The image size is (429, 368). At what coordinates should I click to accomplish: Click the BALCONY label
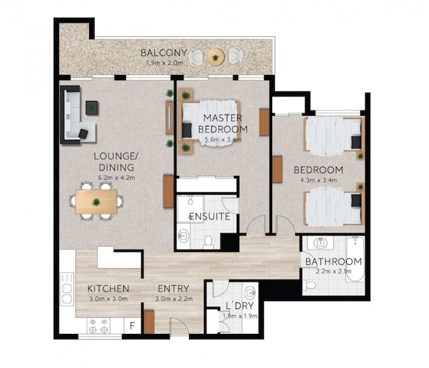point(164,53)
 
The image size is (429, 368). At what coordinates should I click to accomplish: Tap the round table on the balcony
point(216,58)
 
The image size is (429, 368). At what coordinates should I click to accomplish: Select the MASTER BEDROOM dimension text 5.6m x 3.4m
point(223,140)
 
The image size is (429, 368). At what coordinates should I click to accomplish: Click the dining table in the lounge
point(97,202)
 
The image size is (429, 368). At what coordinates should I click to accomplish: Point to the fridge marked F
point(133,326)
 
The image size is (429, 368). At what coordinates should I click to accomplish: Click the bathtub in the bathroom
point(355,259)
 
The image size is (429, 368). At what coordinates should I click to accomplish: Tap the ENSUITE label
point(210,217)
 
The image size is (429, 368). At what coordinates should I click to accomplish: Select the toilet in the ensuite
point(208,242)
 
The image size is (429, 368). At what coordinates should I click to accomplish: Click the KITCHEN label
point(108,288)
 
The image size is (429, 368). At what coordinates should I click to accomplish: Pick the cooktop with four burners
point(99,326)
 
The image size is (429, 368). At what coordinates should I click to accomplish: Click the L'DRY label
point(240,306)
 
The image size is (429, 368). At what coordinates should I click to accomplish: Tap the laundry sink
point(250,292)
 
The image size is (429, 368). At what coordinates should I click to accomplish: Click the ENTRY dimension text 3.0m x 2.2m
point(174,299)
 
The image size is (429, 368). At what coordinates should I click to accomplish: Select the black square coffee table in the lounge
point(92,108)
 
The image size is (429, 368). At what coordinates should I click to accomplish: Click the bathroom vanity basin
point(320,242)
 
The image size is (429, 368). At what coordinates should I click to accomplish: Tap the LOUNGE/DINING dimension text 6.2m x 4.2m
point(116,178)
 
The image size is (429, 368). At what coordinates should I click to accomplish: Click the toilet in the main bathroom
point(309,285)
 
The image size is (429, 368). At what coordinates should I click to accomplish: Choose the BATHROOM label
point(333,262)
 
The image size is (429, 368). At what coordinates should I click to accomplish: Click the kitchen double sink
point(67,289)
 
